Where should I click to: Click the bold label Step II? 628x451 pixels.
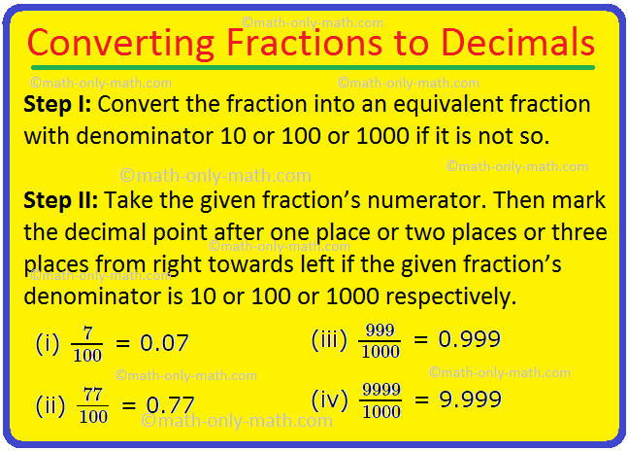(x=61, y=200)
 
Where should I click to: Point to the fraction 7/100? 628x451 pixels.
(x=87, y=344)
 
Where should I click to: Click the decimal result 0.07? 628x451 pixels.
(x=164, y=343)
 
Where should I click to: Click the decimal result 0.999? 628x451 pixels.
(x=470, y=339)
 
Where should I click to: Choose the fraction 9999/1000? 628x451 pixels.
(x=380, y=400)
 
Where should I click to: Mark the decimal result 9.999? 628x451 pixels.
(x=470, y=400)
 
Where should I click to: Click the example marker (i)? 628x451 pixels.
(x=47, y=343)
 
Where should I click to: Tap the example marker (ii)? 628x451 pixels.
(x=49, y=404)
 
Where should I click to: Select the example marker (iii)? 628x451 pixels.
(x=328, y=339)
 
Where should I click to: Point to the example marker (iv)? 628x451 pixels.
(x=328, y=400)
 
